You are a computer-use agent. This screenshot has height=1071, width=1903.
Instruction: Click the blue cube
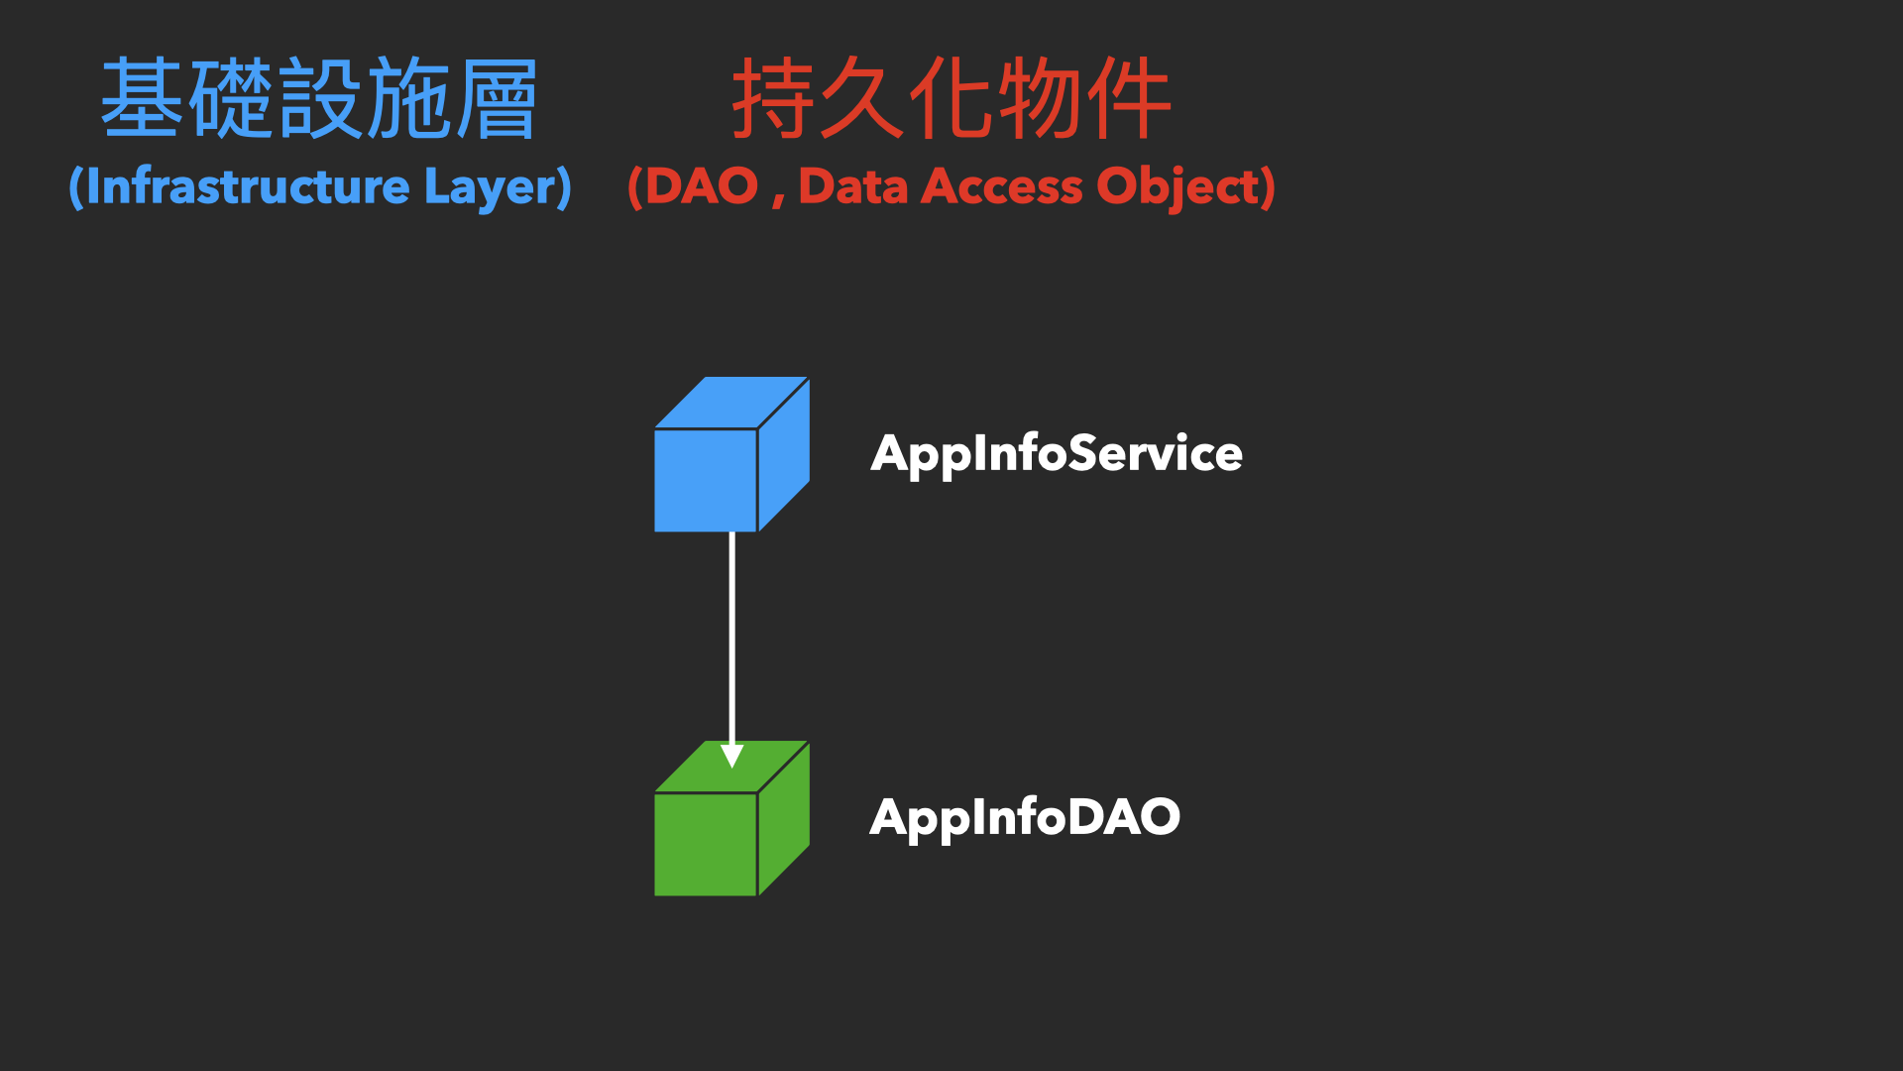coord(731,454)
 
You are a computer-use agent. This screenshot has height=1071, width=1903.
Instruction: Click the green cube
coord(731,818)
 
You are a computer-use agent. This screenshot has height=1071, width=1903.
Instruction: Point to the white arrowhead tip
coord(731,768)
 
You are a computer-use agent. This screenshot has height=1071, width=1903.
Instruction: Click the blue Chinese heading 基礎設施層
coord(319,98)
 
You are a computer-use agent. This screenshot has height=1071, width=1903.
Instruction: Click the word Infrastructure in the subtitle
coord(248,186)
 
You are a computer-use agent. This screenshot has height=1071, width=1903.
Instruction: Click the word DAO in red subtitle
coord(702,186)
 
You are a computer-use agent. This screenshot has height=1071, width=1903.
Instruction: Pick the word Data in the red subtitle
coord(853,186)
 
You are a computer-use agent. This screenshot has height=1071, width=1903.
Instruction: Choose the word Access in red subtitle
coord(1002,186)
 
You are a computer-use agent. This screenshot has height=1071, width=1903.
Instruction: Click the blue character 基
coord(144,98)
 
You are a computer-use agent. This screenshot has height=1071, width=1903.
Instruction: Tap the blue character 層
coord(495,98)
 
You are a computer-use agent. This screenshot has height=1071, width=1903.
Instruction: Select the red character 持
coord(774,98)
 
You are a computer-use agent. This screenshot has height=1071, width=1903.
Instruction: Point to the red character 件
coord(1129,98)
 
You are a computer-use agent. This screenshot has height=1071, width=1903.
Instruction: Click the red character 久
coord(862,98)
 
